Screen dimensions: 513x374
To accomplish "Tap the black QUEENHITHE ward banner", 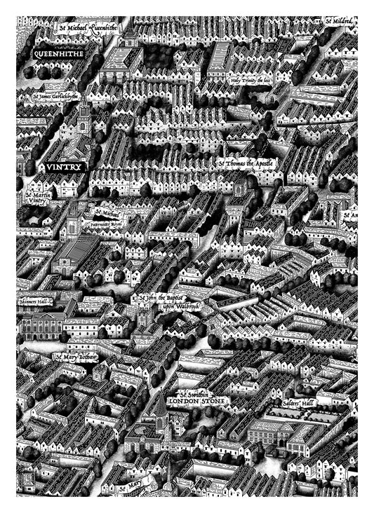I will (58, 53).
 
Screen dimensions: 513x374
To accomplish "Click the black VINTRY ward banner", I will (65, 167).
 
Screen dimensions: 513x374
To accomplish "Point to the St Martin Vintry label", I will (36, 197).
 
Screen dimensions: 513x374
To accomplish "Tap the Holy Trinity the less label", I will (250, 81).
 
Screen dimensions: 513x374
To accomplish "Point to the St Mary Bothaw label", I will (76, 357).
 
